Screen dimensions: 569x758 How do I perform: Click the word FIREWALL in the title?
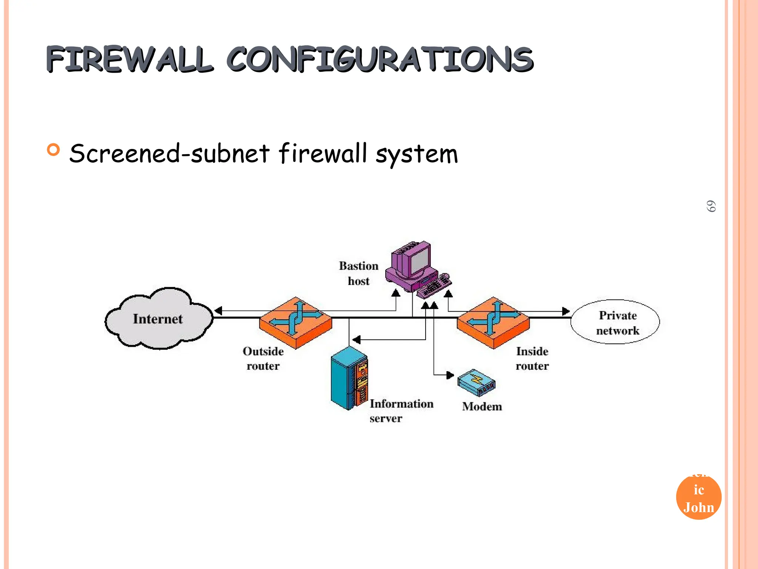130,59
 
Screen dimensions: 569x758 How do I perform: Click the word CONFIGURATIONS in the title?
379,59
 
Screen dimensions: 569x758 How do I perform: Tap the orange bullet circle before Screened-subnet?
54,150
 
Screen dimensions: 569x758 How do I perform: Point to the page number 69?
711,206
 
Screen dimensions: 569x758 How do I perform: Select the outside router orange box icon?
295,322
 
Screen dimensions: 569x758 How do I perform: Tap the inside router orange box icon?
493,322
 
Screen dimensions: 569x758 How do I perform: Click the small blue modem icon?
476,383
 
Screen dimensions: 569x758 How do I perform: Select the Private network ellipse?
615,322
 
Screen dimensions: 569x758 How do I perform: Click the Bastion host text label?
358,273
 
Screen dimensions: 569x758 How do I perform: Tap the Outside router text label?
263,359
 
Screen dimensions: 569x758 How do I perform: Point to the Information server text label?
401,410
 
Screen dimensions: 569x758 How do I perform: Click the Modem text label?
482,407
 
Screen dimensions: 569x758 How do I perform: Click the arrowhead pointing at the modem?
450,375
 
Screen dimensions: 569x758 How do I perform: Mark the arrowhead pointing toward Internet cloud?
218,311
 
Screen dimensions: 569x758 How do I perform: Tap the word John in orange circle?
698,508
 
